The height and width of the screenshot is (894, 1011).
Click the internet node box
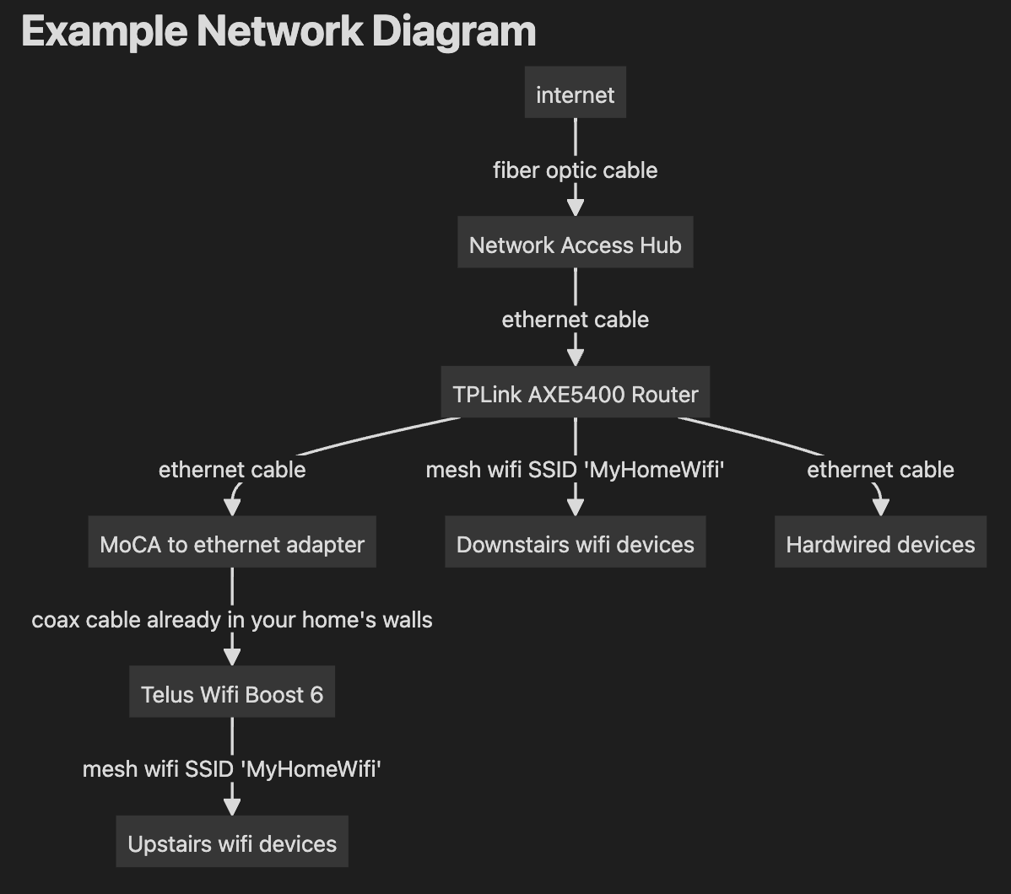[575, 94]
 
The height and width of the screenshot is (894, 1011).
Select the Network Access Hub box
[575, 245]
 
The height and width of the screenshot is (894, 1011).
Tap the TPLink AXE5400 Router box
[575, 394]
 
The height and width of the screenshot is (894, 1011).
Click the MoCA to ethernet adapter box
[232, 544]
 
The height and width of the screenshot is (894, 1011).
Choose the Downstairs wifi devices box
[575, 544]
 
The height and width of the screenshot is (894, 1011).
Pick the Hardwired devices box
[880, 544]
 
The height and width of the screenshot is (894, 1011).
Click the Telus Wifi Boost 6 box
[232, 694]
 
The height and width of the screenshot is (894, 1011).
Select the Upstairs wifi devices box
[232, 843]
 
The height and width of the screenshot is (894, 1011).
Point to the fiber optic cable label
[575, 170]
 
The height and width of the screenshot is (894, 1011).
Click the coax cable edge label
[232, 620]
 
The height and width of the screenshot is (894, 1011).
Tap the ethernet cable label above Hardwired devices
[880, 470]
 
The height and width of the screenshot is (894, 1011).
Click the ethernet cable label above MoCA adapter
[232, 470]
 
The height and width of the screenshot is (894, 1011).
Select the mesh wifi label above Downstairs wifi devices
[575, 470]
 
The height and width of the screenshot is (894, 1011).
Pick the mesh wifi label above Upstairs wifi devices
[232, 769]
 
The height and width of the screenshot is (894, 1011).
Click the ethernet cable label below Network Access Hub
[575, 320]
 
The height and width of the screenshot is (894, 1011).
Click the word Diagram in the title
[452, 32]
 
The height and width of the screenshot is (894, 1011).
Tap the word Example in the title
[104, 32]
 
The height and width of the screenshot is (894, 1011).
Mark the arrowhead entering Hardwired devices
[880, 506]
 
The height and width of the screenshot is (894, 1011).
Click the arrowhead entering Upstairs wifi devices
[232, 806]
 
